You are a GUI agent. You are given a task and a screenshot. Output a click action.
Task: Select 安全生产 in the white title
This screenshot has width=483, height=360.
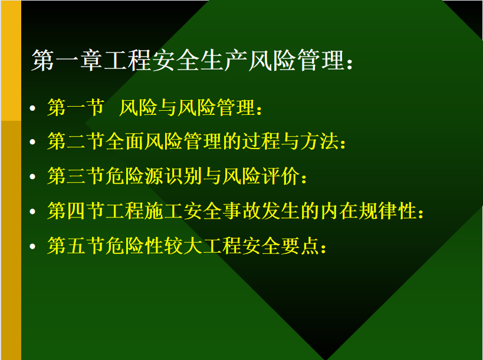tap(200, 60)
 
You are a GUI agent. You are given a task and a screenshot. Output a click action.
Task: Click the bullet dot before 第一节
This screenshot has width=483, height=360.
tap(32, 108)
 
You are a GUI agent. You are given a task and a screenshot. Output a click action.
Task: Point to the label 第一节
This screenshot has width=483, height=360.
tap(75, 108)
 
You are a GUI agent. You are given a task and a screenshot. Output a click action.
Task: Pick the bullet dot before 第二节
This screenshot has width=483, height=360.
tap(32, 142)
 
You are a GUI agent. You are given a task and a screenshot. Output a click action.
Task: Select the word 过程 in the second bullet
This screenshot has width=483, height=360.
tap(261, 141)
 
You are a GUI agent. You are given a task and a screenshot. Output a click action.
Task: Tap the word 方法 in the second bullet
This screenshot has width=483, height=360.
tap(320, 141)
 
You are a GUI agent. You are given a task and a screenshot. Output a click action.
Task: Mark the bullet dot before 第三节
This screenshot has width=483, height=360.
tap(32, 177)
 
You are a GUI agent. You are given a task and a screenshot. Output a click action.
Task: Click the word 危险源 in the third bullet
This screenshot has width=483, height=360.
tap(134, 176)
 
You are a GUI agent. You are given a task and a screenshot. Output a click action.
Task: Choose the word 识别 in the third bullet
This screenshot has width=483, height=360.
tap(183, 176)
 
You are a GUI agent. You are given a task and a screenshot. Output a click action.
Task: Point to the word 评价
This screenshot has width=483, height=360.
tap(280, 176)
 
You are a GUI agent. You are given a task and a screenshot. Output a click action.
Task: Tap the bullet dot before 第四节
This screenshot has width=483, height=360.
tap(32, 212)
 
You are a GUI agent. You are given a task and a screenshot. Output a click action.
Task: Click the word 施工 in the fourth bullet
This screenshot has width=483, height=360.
tap(163, 211)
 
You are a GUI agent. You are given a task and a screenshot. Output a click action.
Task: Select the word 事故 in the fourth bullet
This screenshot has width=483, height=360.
tap(241, 211)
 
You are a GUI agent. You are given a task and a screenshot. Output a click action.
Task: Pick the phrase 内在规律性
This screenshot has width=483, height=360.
tap(368, 211)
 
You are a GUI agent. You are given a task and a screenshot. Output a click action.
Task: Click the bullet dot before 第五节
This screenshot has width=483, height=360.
tap(32, 246)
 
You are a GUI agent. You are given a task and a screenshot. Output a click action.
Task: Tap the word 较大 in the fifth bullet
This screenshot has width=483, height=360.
tap(183, 246)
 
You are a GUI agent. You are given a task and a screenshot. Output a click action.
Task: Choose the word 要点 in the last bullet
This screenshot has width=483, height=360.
tap(300, 246)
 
